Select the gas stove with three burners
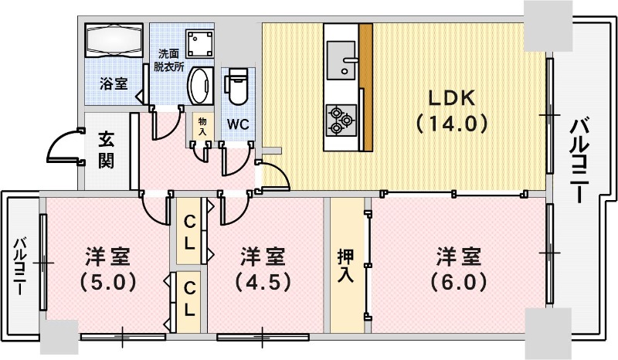tap(340, 117)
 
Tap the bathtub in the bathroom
tap(114, 40)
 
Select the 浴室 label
tap(114, 83)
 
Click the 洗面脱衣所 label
tap(171, 60)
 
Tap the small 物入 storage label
tap(202, 127)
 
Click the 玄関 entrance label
tap(107, 150)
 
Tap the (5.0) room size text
tap(107, 281)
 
